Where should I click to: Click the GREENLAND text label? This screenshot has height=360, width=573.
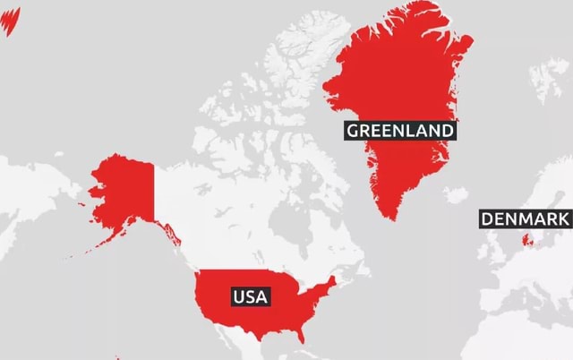[400, 131]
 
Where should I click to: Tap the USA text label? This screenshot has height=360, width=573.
[250, 296]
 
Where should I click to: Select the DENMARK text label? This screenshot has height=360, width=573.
[525, 220]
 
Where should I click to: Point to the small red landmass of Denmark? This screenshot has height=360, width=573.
[526, 239]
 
